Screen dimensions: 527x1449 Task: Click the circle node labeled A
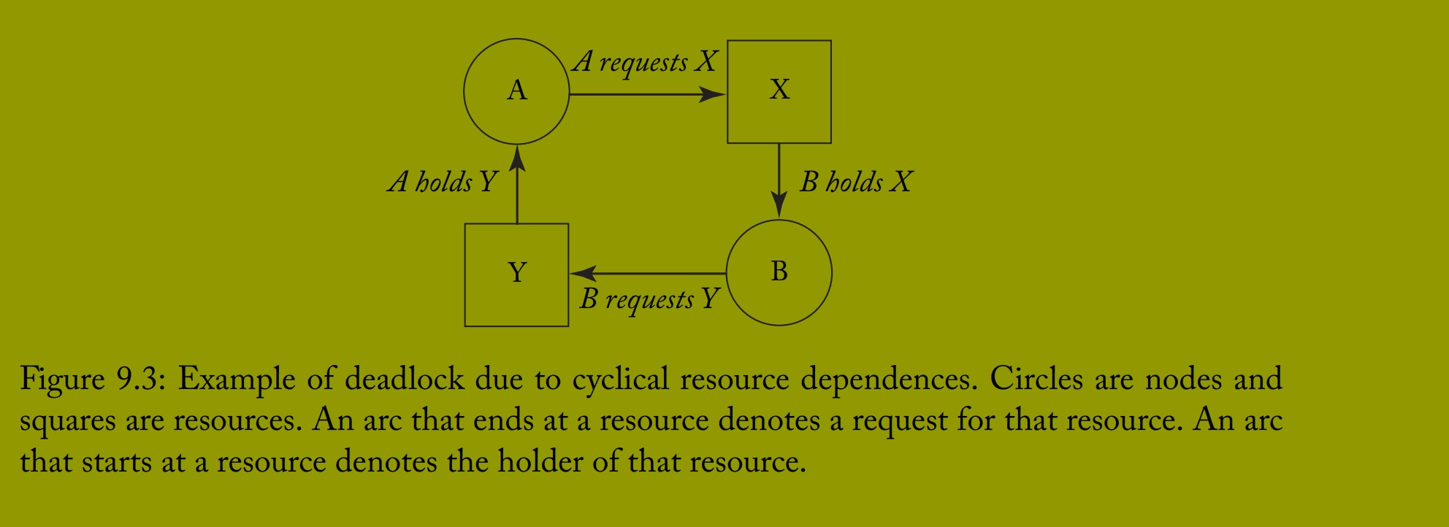coord(516,91)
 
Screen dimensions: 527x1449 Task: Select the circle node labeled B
coord(779,272)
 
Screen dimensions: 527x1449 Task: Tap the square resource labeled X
coord(779,91)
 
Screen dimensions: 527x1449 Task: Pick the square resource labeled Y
coord(516,274)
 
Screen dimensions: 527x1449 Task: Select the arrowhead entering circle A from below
coord(517,157)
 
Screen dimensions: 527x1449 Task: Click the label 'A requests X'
coord(645,62)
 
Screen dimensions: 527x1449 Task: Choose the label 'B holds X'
coord(855,182)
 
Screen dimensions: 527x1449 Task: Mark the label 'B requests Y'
coord(649,299)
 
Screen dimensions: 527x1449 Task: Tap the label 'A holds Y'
coord(442,182)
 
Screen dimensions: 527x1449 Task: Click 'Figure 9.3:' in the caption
coord(88,380)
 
